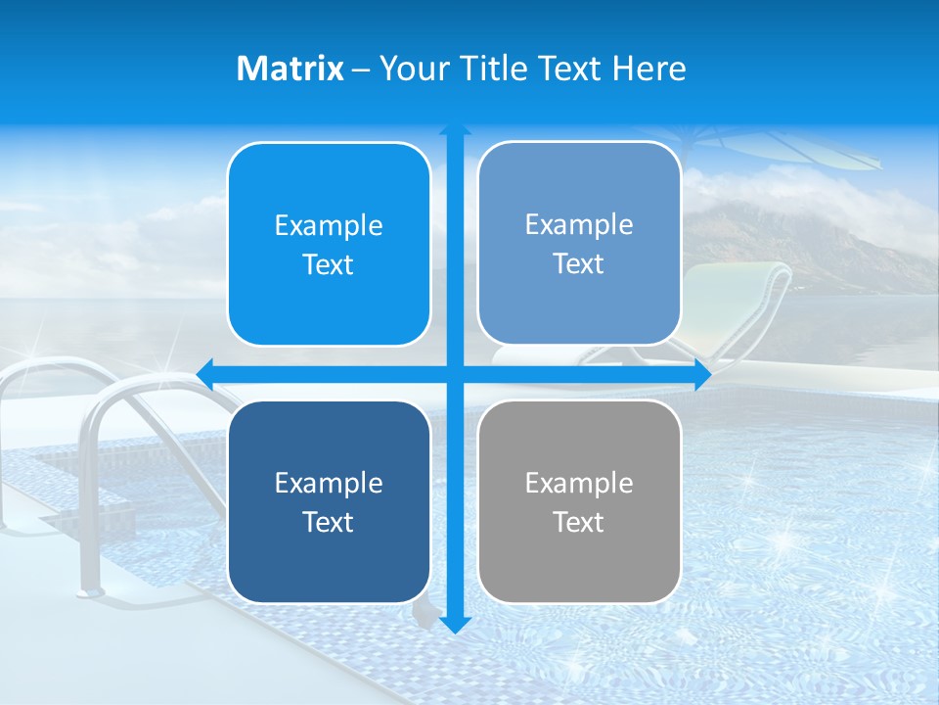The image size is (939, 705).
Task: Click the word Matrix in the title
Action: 290,69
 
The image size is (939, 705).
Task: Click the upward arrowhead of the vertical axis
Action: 455,131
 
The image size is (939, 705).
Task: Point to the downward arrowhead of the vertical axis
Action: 455,624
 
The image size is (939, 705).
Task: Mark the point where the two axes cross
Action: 455,374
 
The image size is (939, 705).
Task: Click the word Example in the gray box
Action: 579,483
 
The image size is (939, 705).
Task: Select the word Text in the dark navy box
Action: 329,522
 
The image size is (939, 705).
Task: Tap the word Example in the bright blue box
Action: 329,225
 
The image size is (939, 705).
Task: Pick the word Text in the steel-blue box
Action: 579,264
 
